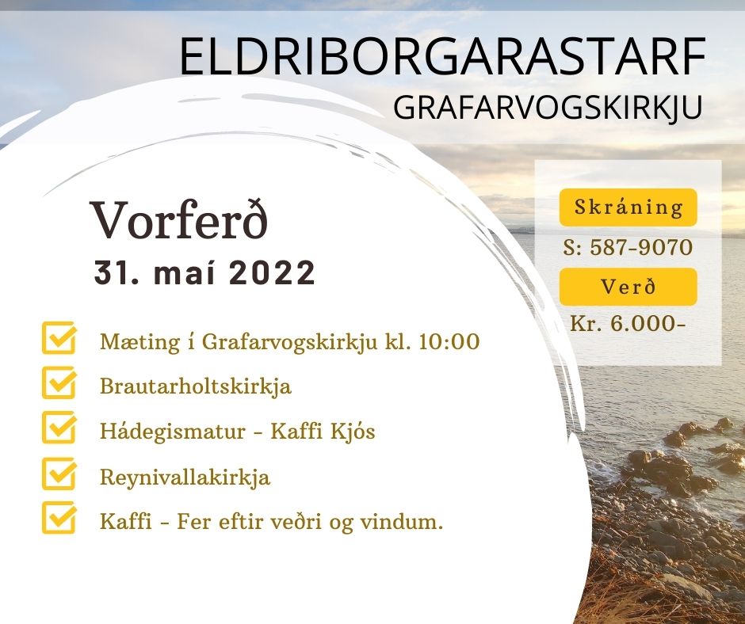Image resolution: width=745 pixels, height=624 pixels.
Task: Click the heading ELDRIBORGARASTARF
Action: [x=442, y=56]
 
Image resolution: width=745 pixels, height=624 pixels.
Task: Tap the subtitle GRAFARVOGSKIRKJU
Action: [x=548, y=108]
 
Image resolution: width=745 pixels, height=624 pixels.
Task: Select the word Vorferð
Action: [x=180, y=221]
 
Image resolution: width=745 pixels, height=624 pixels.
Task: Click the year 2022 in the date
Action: [x=273, y=272]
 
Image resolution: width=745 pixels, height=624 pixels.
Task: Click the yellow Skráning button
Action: [x=628, y=207]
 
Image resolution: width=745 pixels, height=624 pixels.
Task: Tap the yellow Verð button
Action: [x=628, y=287]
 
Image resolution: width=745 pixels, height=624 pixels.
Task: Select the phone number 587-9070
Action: [x=641, y=247]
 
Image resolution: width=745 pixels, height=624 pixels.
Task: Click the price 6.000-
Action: [x=648, y=324]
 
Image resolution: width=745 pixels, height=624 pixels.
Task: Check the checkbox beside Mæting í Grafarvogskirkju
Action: [x=59, y=338]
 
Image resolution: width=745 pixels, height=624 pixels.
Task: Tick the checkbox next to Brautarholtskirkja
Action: [x=59, y=382]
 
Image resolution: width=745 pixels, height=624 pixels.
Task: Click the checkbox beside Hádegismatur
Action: [x=59, y=428]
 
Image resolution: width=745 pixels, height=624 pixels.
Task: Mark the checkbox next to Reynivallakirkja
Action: [x=59, y=474]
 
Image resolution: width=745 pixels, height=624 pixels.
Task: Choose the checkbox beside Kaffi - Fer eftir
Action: [x=59, y=518]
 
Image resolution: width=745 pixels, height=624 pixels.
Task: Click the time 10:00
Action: [x=449, y=341]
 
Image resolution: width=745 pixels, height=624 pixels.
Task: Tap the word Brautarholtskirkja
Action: [x=195, y=386]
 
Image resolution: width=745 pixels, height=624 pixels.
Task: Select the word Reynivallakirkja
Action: [x=185, y=478]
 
